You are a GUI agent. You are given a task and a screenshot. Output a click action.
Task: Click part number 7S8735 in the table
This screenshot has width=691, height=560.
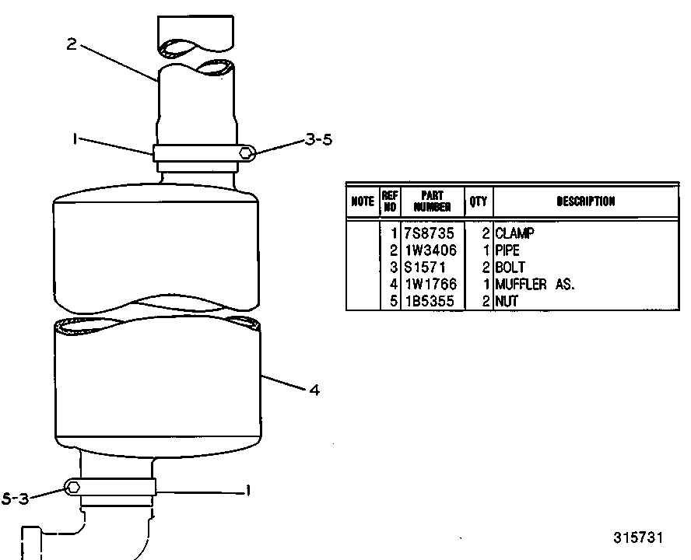coord(429,233)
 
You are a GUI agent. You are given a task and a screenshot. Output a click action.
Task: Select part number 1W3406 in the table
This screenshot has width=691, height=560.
coord(430,250)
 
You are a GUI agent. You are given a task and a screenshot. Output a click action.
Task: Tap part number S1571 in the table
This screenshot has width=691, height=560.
coord(425,267)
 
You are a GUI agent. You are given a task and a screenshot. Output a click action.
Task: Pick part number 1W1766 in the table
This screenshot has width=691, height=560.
coord(430,284)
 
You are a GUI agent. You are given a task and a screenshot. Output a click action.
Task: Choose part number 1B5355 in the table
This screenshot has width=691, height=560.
coord(430,301)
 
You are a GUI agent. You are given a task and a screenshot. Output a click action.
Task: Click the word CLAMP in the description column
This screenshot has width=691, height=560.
coord(514,233)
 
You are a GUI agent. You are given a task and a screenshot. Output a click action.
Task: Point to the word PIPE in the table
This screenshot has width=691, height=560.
coord(507,250)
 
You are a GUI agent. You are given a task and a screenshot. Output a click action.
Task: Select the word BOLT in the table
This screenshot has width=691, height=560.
coord(510,267)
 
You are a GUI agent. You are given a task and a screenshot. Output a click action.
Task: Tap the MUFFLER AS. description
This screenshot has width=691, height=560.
coord(535,284)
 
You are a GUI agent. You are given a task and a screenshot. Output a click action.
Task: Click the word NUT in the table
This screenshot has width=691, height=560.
coord(507,301)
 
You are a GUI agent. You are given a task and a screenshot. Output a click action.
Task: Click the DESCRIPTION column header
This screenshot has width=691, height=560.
coord(586,201)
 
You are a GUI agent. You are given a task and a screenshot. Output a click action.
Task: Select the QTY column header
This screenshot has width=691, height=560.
coord(478,201)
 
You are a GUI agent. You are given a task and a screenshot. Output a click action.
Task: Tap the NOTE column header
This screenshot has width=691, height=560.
coord(363,201)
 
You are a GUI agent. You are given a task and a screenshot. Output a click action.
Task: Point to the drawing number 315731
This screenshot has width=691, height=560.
coord(638,538)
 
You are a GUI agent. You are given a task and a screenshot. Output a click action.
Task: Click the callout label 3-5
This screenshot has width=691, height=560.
coord(318,140)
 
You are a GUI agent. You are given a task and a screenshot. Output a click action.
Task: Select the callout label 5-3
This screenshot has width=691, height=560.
coord(15,499)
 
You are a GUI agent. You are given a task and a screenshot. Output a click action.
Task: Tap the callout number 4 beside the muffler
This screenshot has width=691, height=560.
coord(314,390)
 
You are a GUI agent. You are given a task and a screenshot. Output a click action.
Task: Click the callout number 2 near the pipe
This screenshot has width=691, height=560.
coord(72,44)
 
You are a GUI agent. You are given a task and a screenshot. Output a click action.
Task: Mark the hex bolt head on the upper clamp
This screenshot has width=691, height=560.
coord(247,153)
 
